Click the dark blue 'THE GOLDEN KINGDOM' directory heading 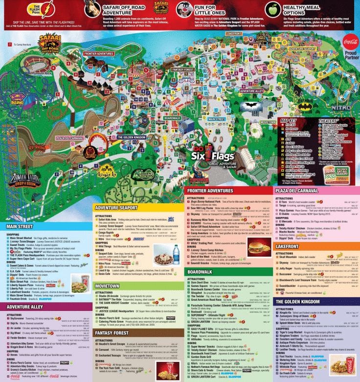coord(298,301)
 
